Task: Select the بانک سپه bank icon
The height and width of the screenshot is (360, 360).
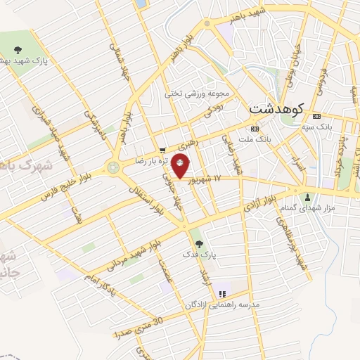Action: pyautogui.click(x=317, y=116)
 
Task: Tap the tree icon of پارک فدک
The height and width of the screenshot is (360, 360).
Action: pyautogui.click(x=200, y=244)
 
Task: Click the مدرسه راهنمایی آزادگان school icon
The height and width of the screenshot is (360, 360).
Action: pyautogui.click(x=222, y=294)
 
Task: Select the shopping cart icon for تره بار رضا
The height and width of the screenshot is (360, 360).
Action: pyautogui.click(x=162, y=150)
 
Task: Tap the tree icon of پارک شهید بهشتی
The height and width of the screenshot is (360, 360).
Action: pyautogui.click(x=18, y=49)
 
